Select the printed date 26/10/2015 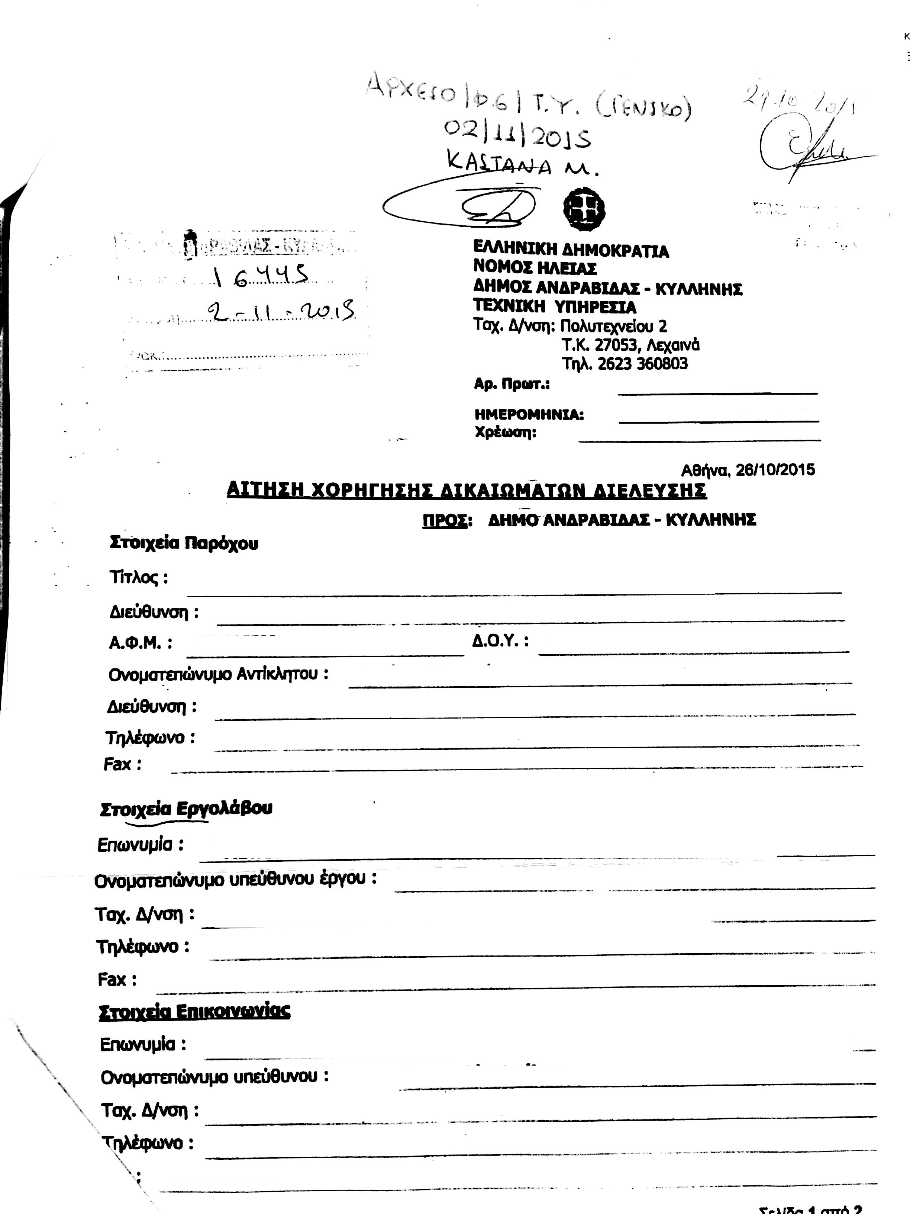click(x=775, y=470)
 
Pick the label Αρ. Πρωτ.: click(x=512, y=384)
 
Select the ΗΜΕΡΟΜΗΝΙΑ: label click(x=529, y=415)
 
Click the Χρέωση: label click(x=505, y=433)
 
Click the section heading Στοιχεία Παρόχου click(x=184, y=543)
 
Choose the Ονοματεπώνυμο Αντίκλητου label click(x=218, y=674)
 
